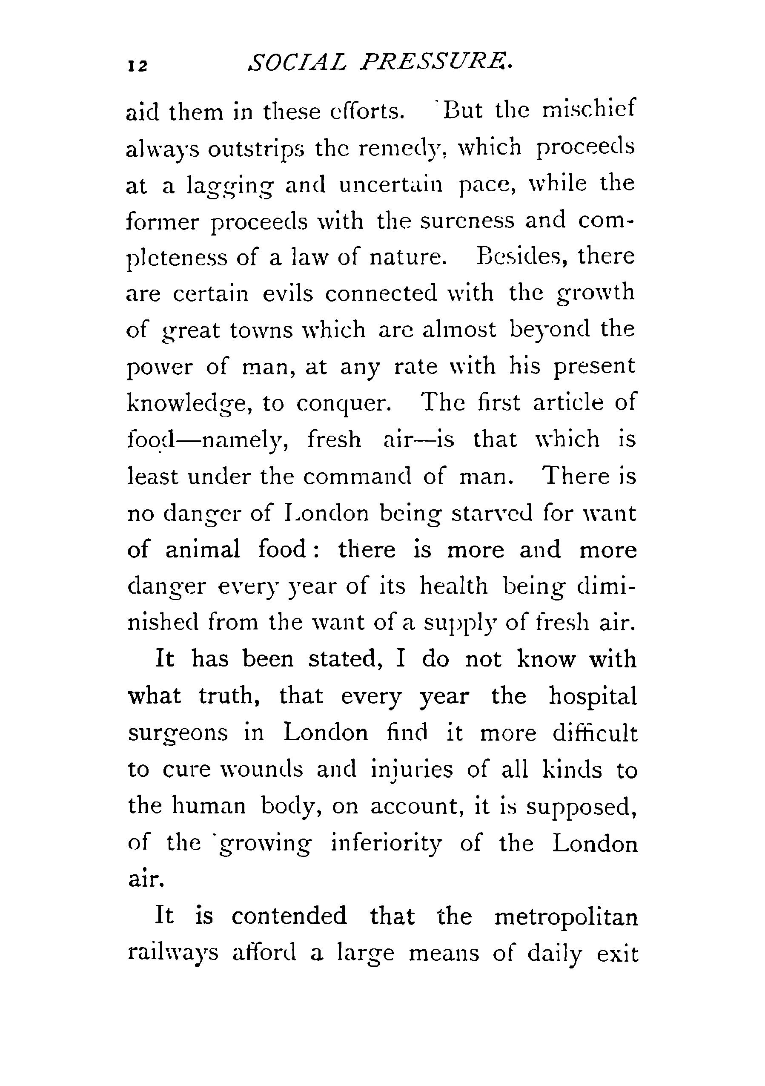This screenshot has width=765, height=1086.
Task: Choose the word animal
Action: click(x=203, y=550)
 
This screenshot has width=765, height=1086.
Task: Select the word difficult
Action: click(x=595, y=733)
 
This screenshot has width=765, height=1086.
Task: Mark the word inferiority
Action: click(x=386, y=844)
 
